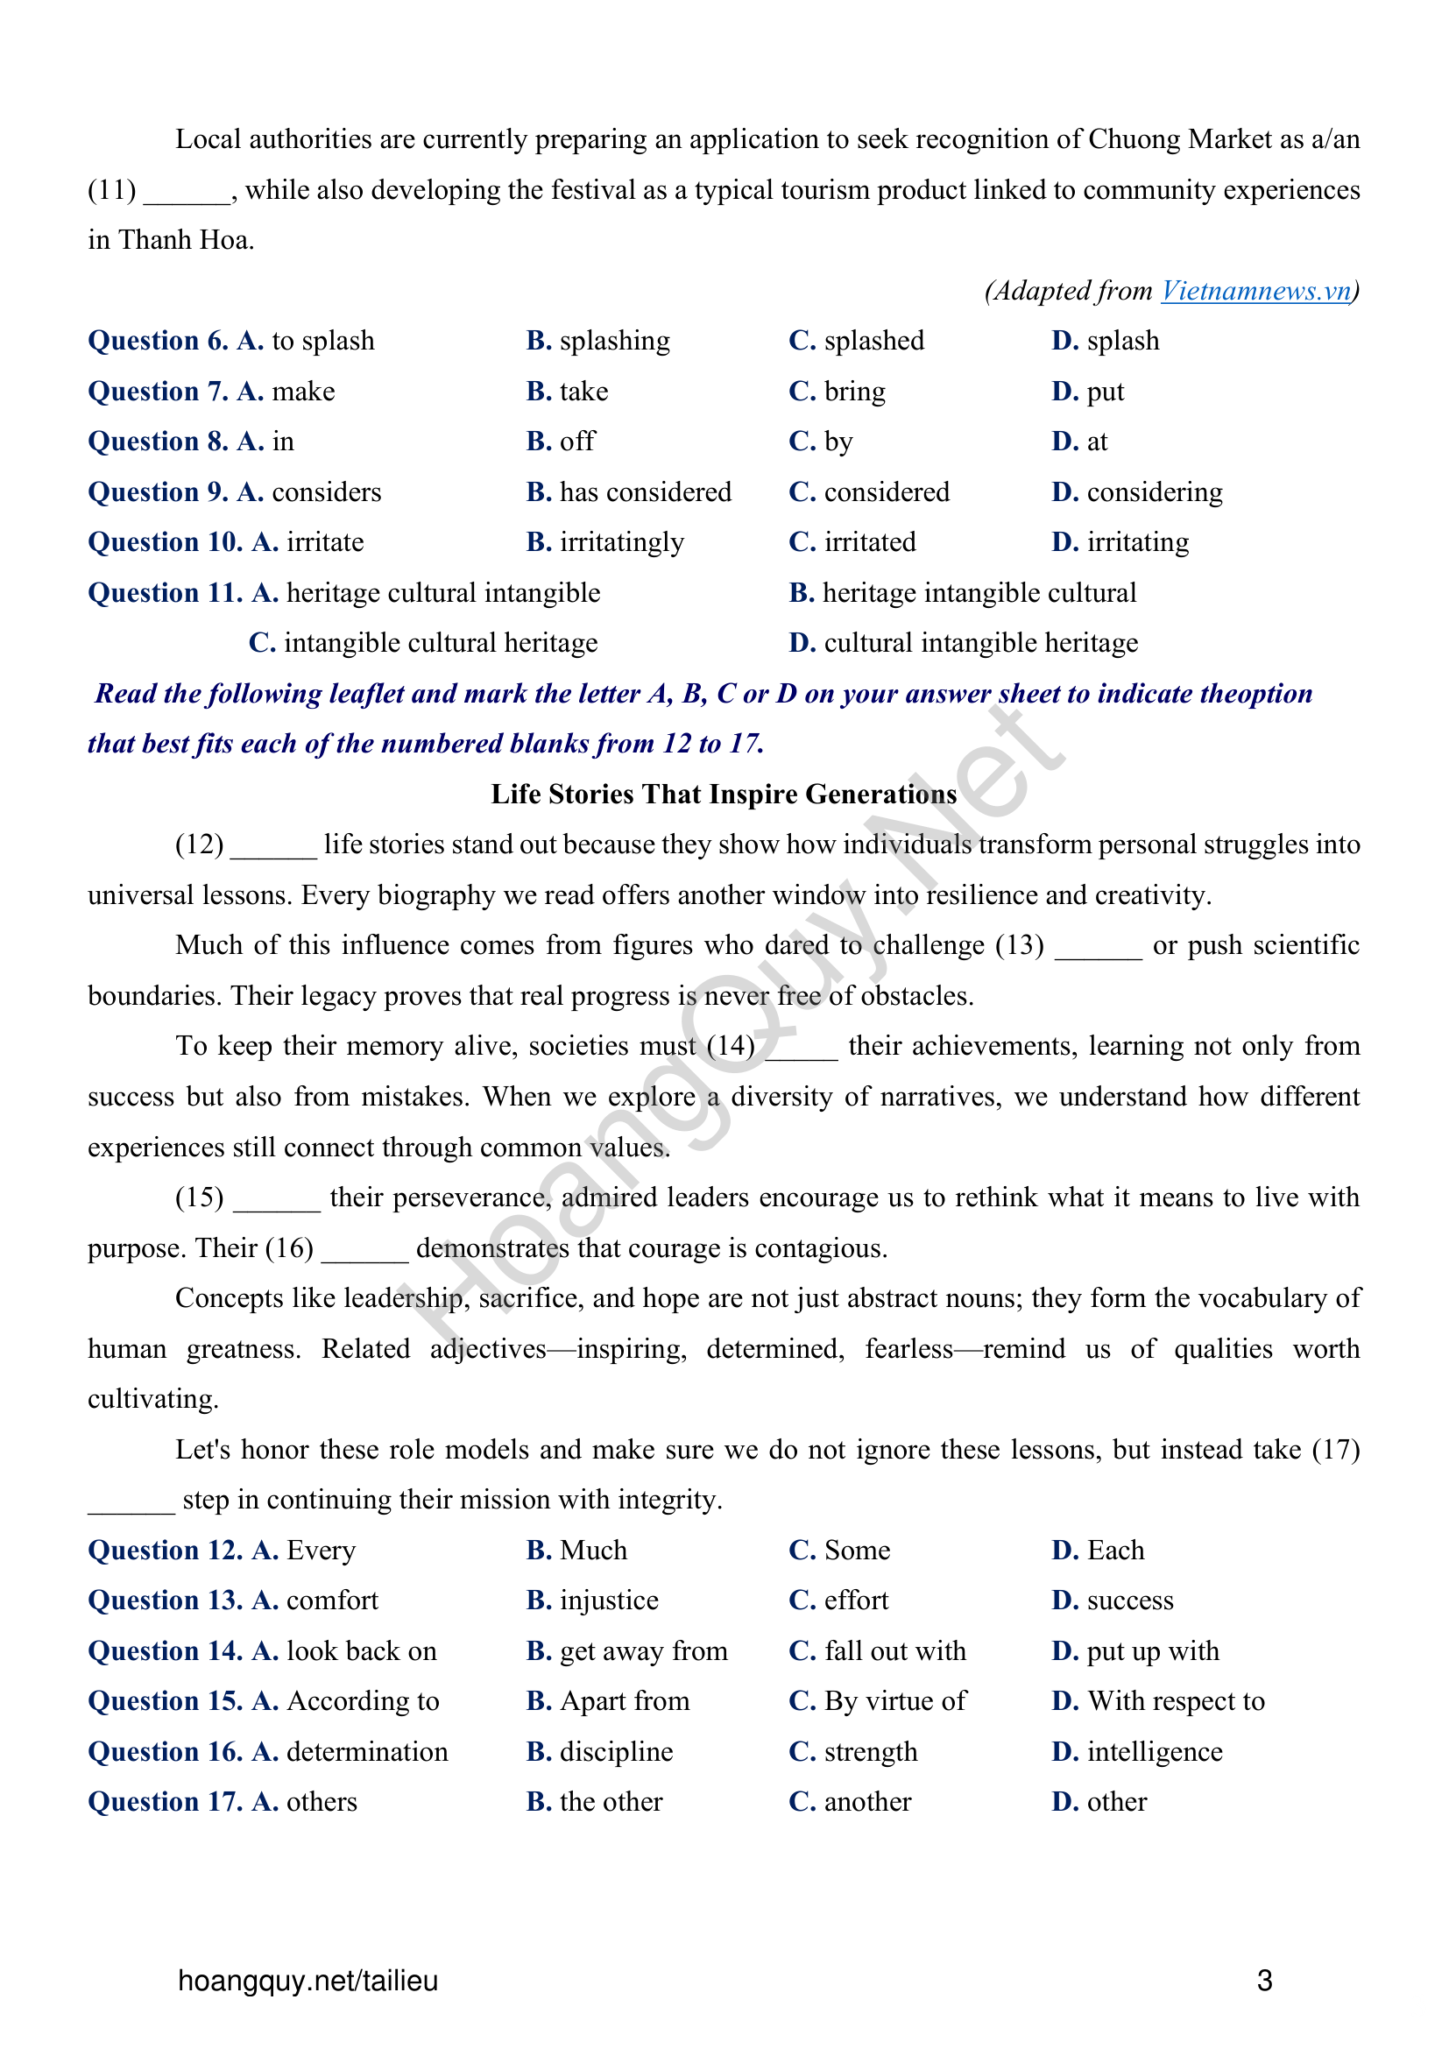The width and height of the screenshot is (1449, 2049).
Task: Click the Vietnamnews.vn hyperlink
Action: click(1256, 291)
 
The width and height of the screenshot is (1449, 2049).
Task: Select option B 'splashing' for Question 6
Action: click(614, 341)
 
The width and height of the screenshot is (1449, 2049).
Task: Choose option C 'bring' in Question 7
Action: click(854, 392)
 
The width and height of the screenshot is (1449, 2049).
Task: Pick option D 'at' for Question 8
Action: click(1097, 442)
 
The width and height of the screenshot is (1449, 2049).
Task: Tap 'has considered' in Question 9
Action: click(644, 492)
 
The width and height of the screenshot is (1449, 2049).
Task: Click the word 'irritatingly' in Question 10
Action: click(621, 542)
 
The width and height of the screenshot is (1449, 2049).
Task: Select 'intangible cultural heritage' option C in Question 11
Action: click(440, 644)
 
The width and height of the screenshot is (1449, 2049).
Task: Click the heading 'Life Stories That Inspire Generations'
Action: click(724, 795)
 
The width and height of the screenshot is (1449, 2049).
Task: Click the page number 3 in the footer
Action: click(1263, 1982)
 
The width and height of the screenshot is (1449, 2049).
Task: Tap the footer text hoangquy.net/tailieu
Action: click(307, 1982)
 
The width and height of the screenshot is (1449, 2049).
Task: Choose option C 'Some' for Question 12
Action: click(857, 1551)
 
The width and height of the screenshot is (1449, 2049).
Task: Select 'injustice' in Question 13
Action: click(609, 1601)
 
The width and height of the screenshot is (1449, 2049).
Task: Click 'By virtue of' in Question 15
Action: click(894, 1702)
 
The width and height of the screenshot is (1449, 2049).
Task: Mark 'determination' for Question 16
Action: click(367, 1753)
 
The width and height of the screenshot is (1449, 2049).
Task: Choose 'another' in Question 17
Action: click(867, 1803)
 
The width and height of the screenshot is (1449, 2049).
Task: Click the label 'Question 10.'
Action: click(165, 542)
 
